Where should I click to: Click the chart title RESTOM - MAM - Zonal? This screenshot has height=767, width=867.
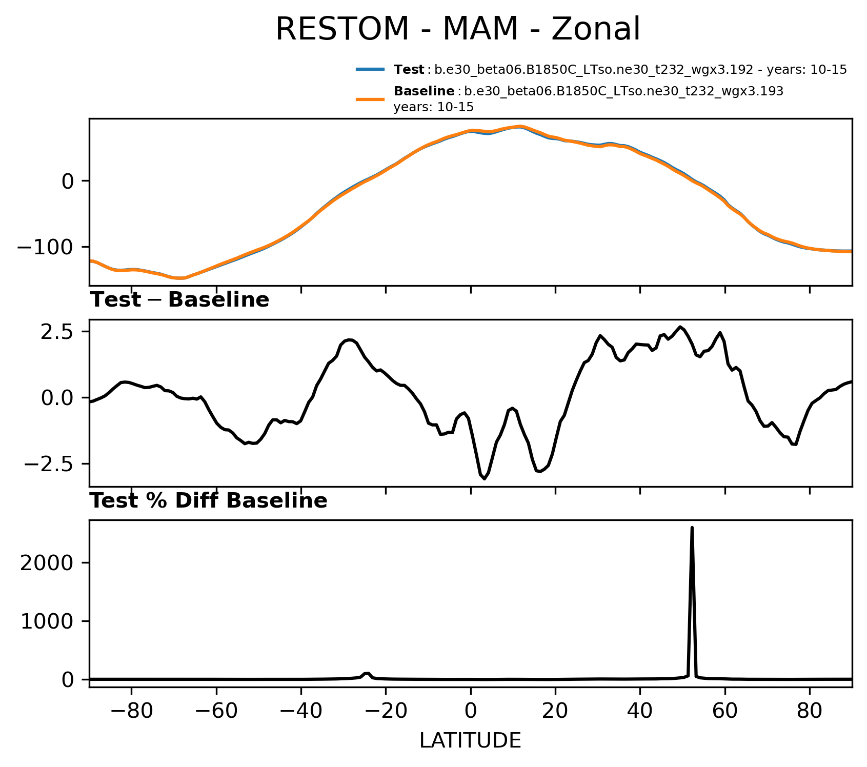tap(457, 29)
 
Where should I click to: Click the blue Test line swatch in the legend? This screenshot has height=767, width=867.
tap(370, 70)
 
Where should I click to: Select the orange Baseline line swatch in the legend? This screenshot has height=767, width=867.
tap(370, 99)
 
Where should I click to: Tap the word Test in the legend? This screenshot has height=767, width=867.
tap(409, 70)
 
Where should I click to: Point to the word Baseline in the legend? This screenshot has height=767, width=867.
tap(424, 92)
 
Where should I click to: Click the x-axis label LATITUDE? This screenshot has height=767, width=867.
tap(470, 740)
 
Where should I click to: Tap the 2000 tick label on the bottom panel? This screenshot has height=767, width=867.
tap(47, 563)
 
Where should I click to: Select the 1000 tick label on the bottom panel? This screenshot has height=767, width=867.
tap(47, 621)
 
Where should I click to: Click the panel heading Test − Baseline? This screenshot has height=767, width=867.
tap(179, 300)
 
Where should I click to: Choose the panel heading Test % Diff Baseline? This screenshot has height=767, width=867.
tap(209, 501)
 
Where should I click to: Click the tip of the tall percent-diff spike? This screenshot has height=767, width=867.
tap(692, 528)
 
